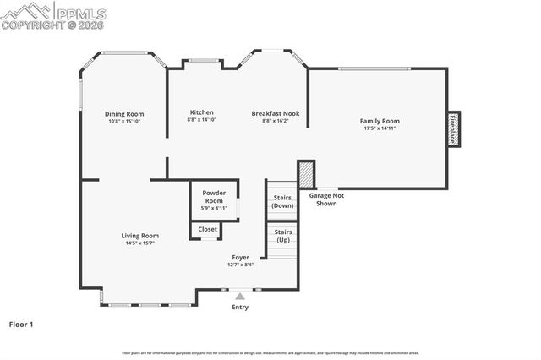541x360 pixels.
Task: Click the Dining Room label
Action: [124, 114]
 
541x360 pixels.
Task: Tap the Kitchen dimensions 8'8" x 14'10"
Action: [201, 120]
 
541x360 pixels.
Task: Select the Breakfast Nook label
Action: [276, 112]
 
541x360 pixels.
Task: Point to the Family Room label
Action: [380, 121]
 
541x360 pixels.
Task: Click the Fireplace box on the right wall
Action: [454, 129]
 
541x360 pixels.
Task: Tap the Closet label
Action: [208, 229]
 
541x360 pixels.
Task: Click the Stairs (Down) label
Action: [283, 202]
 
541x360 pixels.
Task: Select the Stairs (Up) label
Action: [283, 235]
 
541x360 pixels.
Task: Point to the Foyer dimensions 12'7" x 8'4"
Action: [241, 265]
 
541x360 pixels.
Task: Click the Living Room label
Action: [140, 236]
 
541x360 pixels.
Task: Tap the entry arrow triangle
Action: [240, 296]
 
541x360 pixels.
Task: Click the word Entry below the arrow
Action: [240, 307]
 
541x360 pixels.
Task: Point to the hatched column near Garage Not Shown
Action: [306, 174]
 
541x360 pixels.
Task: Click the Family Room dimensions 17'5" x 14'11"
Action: [380, 128]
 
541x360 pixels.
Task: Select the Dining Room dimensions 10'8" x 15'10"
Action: [124, 122]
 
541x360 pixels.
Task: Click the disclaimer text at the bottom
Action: [270, 352]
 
